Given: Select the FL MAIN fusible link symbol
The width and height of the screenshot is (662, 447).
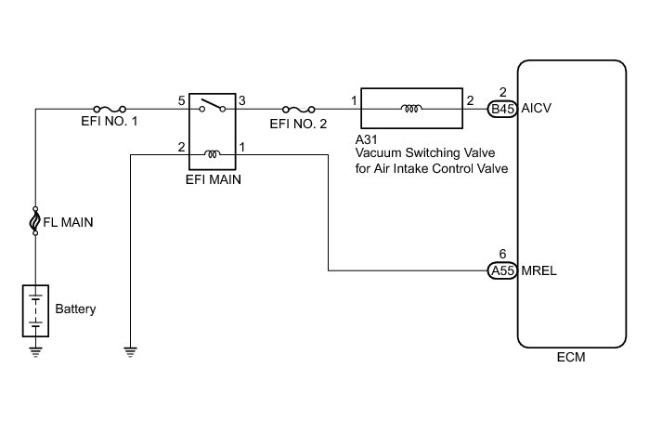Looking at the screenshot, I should (x=35, y=221).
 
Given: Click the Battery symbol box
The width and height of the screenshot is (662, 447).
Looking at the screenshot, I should (x=35, y=309).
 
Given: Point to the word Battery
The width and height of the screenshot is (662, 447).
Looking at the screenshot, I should (x=75, y=309).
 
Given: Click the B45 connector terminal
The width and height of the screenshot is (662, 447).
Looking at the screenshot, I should (x=502, y=108).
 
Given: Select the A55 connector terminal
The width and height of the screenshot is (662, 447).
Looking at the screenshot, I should (x=502, y=271).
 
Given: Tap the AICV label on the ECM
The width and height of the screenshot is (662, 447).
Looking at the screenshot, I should (x=539, y=108).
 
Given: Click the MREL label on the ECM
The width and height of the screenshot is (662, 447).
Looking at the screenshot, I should (x=539, y=271).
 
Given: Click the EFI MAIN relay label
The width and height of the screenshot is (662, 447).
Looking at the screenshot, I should (x=214, y=180).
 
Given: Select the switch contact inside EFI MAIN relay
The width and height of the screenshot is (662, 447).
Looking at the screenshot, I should (x=214, y=104).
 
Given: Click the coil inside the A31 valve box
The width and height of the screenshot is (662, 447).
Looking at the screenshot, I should (x=409, y=108).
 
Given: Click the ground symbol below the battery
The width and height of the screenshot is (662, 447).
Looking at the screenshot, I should (x=35, y=350).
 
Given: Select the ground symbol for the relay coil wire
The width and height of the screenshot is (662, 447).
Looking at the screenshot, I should (x=132, y=350).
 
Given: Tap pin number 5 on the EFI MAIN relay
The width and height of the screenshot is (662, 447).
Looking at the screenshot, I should (x=181, y=99).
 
